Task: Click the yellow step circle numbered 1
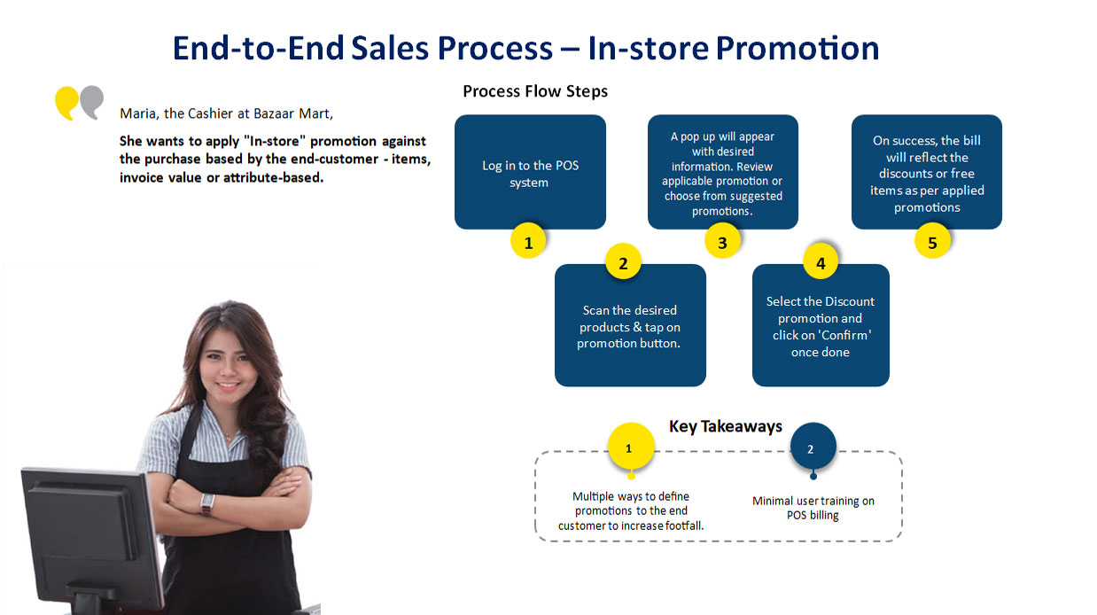pos(528,241)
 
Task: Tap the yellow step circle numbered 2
pos(623,262)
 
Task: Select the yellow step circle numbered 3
pos(722,241)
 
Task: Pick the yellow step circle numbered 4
pos(821,262)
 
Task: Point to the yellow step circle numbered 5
pos(932,241)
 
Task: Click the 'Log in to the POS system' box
pos(530,172)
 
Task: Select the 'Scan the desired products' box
pos(630,325)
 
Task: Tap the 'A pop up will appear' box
pos(723,172)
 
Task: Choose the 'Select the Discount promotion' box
pos(821,325)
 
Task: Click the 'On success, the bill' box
pos(927,172)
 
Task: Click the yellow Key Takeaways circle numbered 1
pos(631,447)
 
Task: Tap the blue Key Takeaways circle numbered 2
pos(813,447)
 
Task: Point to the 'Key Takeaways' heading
pos(726,426)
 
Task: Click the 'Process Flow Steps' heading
pos(535,91)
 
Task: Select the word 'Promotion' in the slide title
pos(797,49)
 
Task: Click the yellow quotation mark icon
pos(66,103)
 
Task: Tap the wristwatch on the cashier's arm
pos(207,503)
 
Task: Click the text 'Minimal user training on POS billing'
pos(813,508)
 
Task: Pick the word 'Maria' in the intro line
pos(140,113)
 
